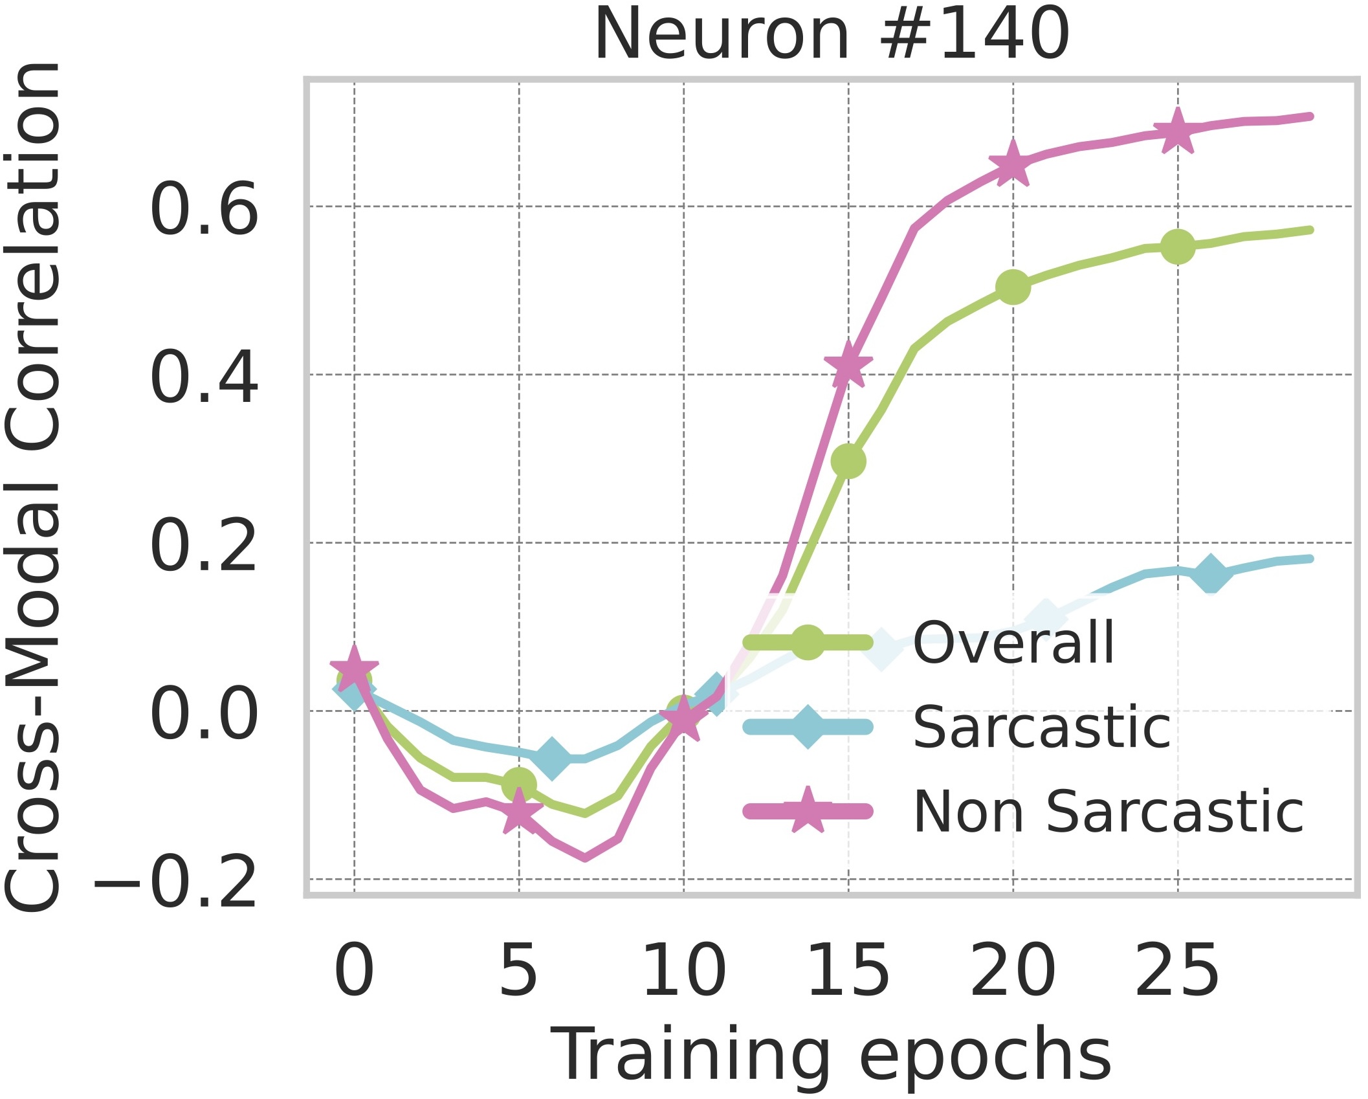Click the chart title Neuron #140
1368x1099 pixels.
pyautogui.click(x=832, y=35)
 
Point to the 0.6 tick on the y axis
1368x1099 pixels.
pyautogui.click(x=204, y=208)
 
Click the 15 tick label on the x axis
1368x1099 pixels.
pyautogui.click(x=848, y=971)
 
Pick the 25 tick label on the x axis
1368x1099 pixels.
pyautogui.click(x=1177, y=971)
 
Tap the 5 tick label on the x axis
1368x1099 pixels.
pyautogui.click(x=518, y=971)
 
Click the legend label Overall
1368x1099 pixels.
pyautogui.click(x=1013, y=642)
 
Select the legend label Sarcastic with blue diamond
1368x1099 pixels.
pyautogui.click(x=1041, y=727)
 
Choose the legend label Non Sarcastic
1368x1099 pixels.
pyautogui.click(x=1108, y=812)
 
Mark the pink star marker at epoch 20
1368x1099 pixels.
pyautogui.click(x=1013, y=165)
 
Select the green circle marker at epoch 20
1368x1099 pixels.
pyautogui.click(x=1013, y=287)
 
